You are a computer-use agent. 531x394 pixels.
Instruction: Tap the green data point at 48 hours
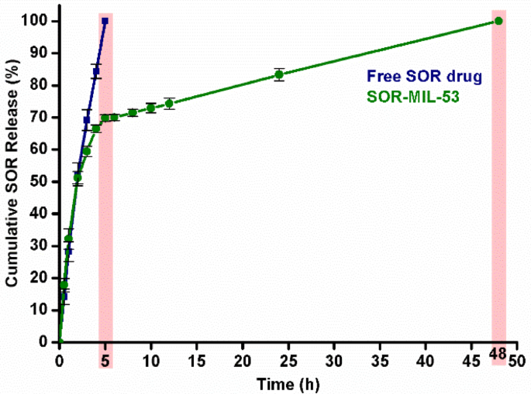click(x=498, y=21)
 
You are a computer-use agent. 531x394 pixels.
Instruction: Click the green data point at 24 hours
click(x=279, y=75)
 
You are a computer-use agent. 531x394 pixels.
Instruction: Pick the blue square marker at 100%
click(x=105, y=21)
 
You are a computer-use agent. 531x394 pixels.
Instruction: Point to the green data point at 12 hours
click(x=169, y=104)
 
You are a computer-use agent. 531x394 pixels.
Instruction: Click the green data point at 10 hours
click(x=150, y=108)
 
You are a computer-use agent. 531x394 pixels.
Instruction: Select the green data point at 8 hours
click(x=133, y=113)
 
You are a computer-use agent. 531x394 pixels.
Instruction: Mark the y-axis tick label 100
click(x=40, y=21)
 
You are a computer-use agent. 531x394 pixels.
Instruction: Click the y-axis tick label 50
click(x=43, y=181)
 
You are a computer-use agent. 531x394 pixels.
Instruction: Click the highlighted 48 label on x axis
click(x=498, y=355)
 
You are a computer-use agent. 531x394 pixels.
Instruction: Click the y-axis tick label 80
click(x=43, y=85)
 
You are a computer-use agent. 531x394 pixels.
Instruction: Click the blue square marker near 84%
click(x=96, y=71)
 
